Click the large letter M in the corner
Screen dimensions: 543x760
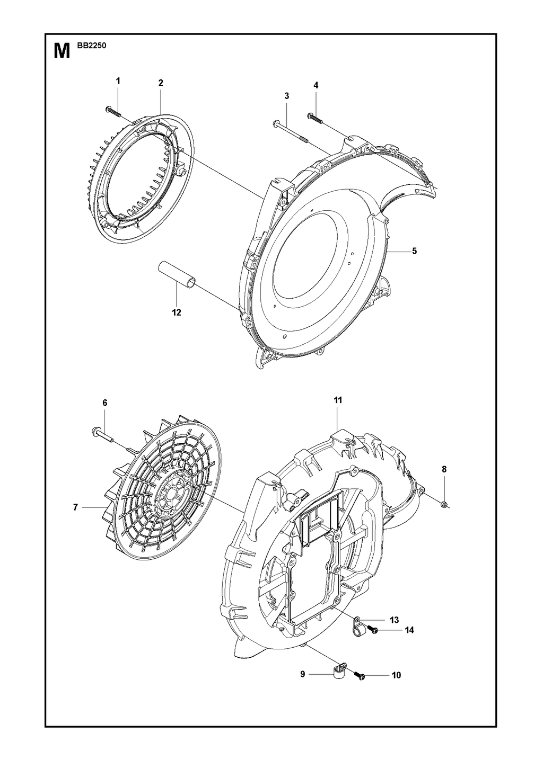click(62, 50)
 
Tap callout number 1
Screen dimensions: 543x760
click(118, 81)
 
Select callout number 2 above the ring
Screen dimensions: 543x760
click(161, 83)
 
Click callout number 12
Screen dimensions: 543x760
click(177, 312)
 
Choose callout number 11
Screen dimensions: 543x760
click(337, 400)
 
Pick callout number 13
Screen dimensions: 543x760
click(394, 620)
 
